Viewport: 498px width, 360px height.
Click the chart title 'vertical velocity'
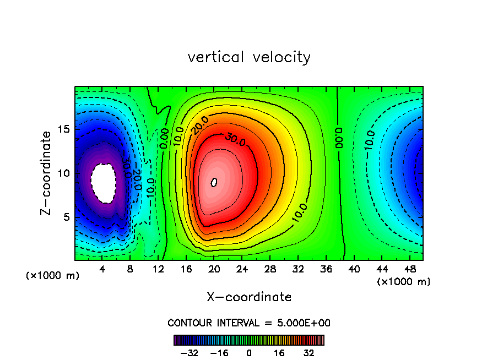[x=249, y=57]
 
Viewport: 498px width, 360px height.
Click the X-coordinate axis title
[x=249, y=297]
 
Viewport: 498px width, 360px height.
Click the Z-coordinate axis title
[x=47, y=173]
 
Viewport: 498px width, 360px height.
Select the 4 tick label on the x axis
[x=102, y=269]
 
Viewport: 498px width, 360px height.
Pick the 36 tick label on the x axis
[x=326, y=269]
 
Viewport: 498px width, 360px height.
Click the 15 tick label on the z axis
[x=63, y=129]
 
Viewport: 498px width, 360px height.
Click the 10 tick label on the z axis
[x=63, y=173]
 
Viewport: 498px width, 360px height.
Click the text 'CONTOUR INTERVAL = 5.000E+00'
[x=249, y=323]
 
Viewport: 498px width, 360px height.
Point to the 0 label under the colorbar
[x=249, y=353]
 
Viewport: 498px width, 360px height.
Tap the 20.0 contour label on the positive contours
[x=199, y=124]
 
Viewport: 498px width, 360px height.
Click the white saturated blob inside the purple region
[x=104, y=182]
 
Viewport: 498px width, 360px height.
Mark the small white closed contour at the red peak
[x=214, y=182]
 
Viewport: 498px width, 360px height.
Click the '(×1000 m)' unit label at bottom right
[x=403, y=282]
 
